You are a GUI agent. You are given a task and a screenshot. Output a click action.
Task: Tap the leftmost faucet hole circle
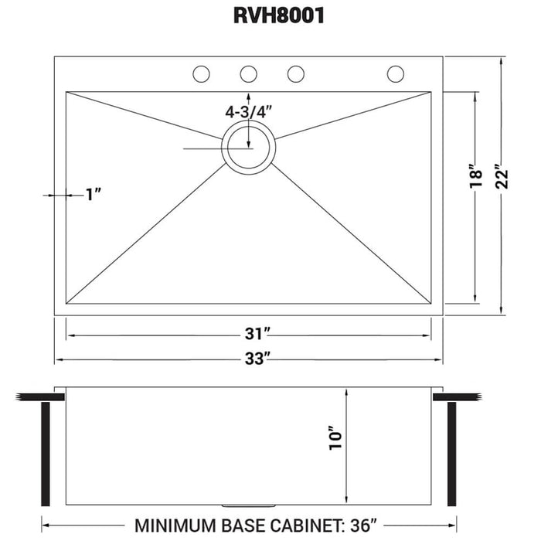point(201,74)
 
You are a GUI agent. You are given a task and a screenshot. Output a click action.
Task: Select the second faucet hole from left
point(248,74)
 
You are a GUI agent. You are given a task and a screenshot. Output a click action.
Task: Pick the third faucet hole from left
point(295,74)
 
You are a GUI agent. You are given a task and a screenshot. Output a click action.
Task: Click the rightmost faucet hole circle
point(396,74)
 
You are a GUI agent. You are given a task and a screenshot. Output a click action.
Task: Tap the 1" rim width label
point(94,195)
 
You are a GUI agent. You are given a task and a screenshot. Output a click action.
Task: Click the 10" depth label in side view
point(334,439)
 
